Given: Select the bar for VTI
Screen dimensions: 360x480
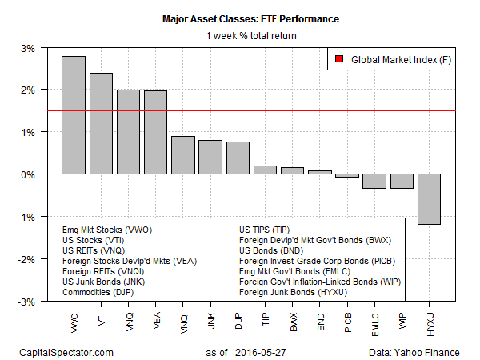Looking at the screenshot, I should pos(101,123).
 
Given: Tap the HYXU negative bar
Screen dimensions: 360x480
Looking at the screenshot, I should pos(429,199).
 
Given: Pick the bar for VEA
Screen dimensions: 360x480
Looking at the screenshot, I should pos(155,132).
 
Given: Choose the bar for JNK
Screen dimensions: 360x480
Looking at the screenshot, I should pos(210,157).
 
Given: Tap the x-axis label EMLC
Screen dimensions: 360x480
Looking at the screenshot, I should pos(374,324).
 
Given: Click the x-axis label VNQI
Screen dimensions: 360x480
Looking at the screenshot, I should pos(183,324).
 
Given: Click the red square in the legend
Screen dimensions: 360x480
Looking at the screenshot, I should pos(338,59).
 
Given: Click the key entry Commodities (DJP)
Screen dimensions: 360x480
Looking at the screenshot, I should pos(99,292).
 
